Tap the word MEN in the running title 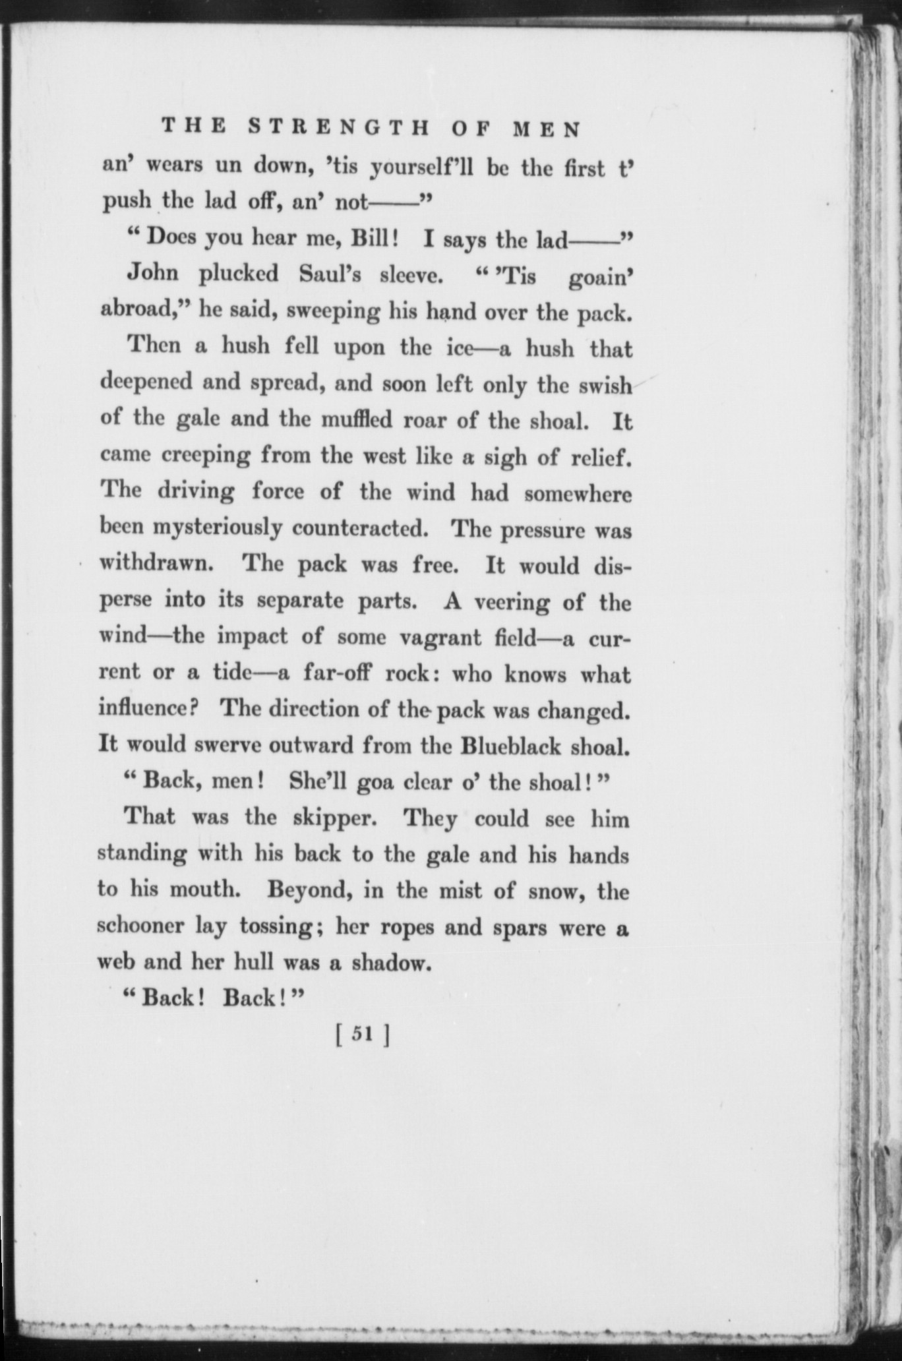[547, 129]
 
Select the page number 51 [363, 1035]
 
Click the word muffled [357, 419]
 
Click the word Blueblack [512, 746]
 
